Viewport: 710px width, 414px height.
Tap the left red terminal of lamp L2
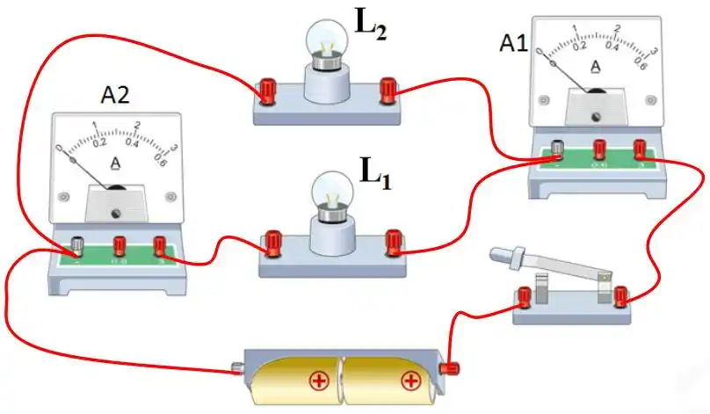pos(266,89)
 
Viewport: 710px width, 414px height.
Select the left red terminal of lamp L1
pos(272,240)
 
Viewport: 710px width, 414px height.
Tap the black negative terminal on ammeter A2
pos(77,244)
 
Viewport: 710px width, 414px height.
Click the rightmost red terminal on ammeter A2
pos(159,245)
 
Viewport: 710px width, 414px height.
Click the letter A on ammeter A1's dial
pos(595,66)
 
